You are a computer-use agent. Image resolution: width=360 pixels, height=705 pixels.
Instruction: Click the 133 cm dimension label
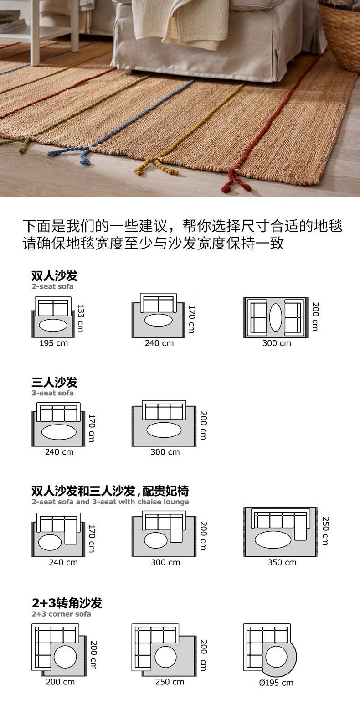[81, 318]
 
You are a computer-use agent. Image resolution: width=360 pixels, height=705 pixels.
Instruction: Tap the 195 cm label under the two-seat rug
[54, 343]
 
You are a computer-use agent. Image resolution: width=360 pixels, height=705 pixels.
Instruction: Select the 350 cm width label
[282, 562]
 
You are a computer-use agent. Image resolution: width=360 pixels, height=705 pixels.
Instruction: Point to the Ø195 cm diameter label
[276, 683]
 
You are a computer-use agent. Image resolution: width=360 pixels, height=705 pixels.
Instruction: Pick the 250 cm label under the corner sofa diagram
[170, 682]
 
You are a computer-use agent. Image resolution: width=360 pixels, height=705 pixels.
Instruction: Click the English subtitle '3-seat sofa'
[52, 393]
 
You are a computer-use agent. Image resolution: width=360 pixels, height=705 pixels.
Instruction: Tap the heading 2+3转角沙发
[67, 603]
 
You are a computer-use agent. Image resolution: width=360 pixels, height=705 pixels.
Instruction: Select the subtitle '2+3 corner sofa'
[61, 614]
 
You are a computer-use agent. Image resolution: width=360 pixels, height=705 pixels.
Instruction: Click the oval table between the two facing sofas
[276, 317]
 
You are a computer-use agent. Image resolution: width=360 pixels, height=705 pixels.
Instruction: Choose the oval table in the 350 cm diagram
[273, 539]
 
